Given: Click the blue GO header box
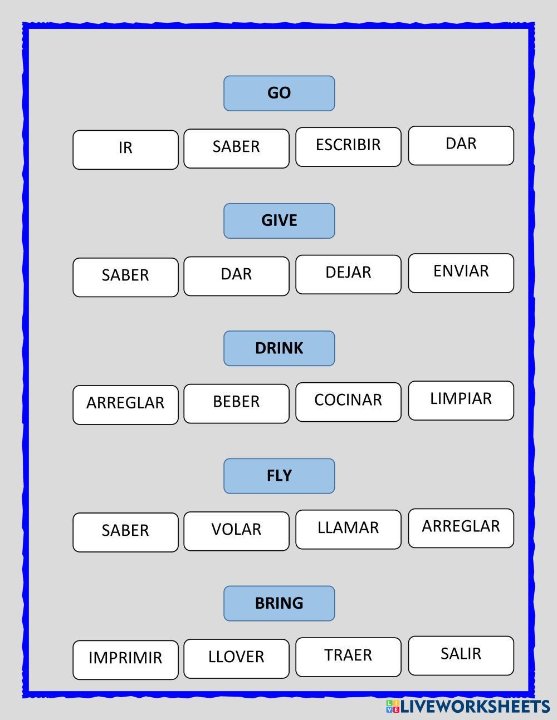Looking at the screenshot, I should (x=279, y=93).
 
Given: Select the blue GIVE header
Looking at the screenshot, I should (x=279, y=221).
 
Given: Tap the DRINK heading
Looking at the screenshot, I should (x=279, y=348).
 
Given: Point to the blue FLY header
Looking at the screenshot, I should (x=279, y=476).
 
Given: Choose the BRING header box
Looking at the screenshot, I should (x=279, y=603).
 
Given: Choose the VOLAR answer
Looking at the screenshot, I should (x=236, y=531).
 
